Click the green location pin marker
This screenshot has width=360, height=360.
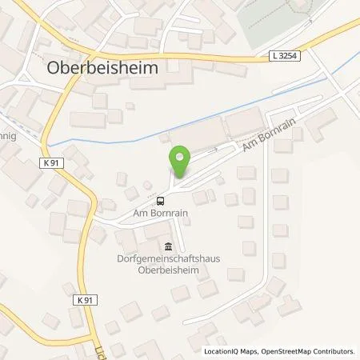click(x=180, y=161)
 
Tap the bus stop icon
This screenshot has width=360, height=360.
click(x=161, y=201)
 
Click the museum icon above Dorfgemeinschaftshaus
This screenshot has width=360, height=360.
click(x=168, y=246)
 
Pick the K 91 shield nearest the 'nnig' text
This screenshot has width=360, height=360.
click(x=52, y=162)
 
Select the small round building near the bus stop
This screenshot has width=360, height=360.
click(x=147, y=186)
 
